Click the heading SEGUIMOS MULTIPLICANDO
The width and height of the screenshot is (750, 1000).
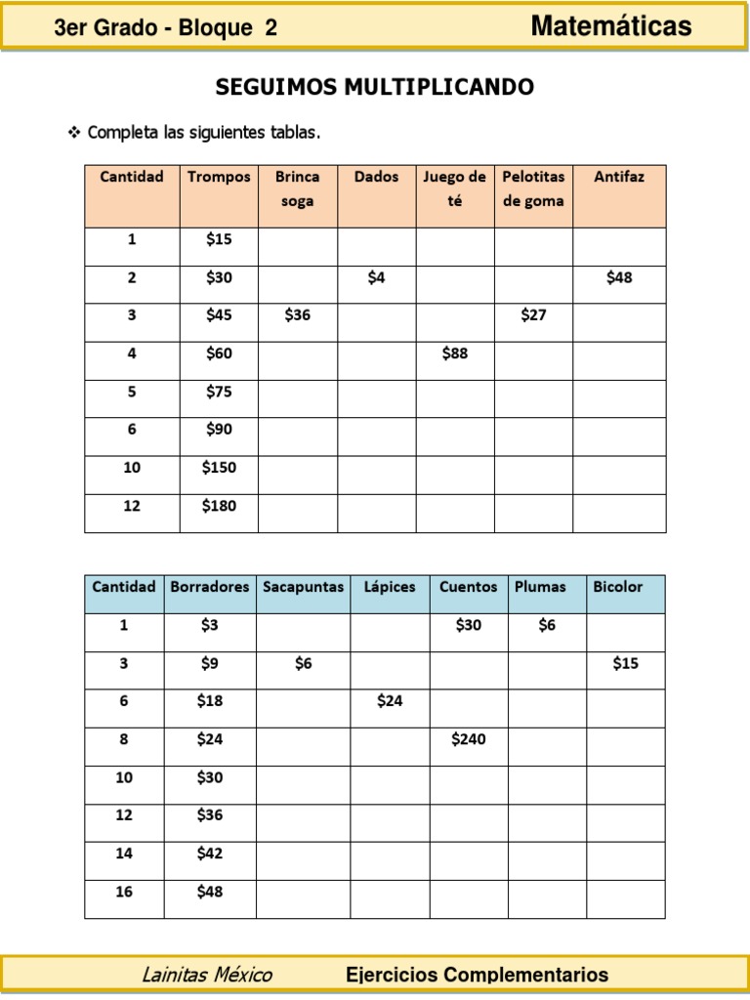[374, 88]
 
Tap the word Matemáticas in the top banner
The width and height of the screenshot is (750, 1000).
[611, 26]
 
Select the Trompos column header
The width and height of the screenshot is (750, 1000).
[219, 177]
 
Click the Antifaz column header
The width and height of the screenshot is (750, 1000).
[619, 177]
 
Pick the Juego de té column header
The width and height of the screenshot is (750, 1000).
[454, 188]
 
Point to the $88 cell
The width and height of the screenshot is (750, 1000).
[454, 354]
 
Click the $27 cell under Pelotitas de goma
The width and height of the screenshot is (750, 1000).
[533, 315]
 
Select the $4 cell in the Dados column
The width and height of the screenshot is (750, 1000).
[376, 277]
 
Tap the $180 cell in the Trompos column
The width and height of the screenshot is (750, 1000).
[219, 506]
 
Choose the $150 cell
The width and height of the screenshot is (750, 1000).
[219, 468]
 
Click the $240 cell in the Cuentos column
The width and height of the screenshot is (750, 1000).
[468, 739]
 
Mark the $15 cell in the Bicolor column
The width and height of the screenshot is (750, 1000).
[625, 663]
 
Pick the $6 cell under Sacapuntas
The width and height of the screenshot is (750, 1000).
[303, 663]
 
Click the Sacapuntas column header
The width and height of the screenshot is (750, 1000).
[303, 587]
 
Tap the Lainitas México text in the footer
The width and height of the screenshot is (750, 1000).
[207, 975]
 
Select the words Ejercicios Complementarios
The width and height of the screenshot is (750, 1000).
[477, 975]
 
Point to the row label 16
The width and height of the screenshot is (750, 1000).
[124, 892]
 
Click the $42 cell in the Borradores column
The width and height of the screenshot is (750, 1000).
[209, 854]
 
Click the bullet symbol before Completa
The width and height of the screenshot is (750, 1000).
[73, 132]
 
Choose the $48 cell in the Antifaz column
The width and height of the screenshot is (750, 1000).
[619, 277]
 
